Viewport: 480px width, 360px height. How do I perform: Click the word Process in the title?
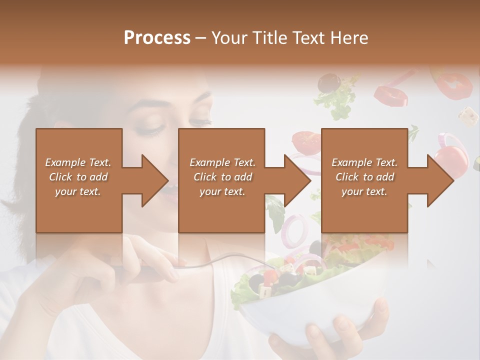[157, 38]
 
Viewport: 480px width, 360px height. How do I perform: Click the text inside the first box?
[78, 177]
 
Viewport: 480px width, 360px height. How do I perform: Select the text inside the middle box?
[222, 177]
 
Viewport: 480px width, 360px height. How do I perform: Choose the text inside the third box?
[364, 177]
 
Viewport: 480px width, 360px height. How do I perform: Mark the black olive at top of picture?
[327, 82]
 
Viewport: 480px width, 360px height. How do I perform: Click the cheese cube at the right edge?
[468, 115]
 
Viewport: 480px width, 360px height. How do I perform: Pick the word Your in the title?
[229, 38]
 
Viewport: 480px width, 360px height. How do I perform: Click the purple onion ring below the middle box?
[295, 227]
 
